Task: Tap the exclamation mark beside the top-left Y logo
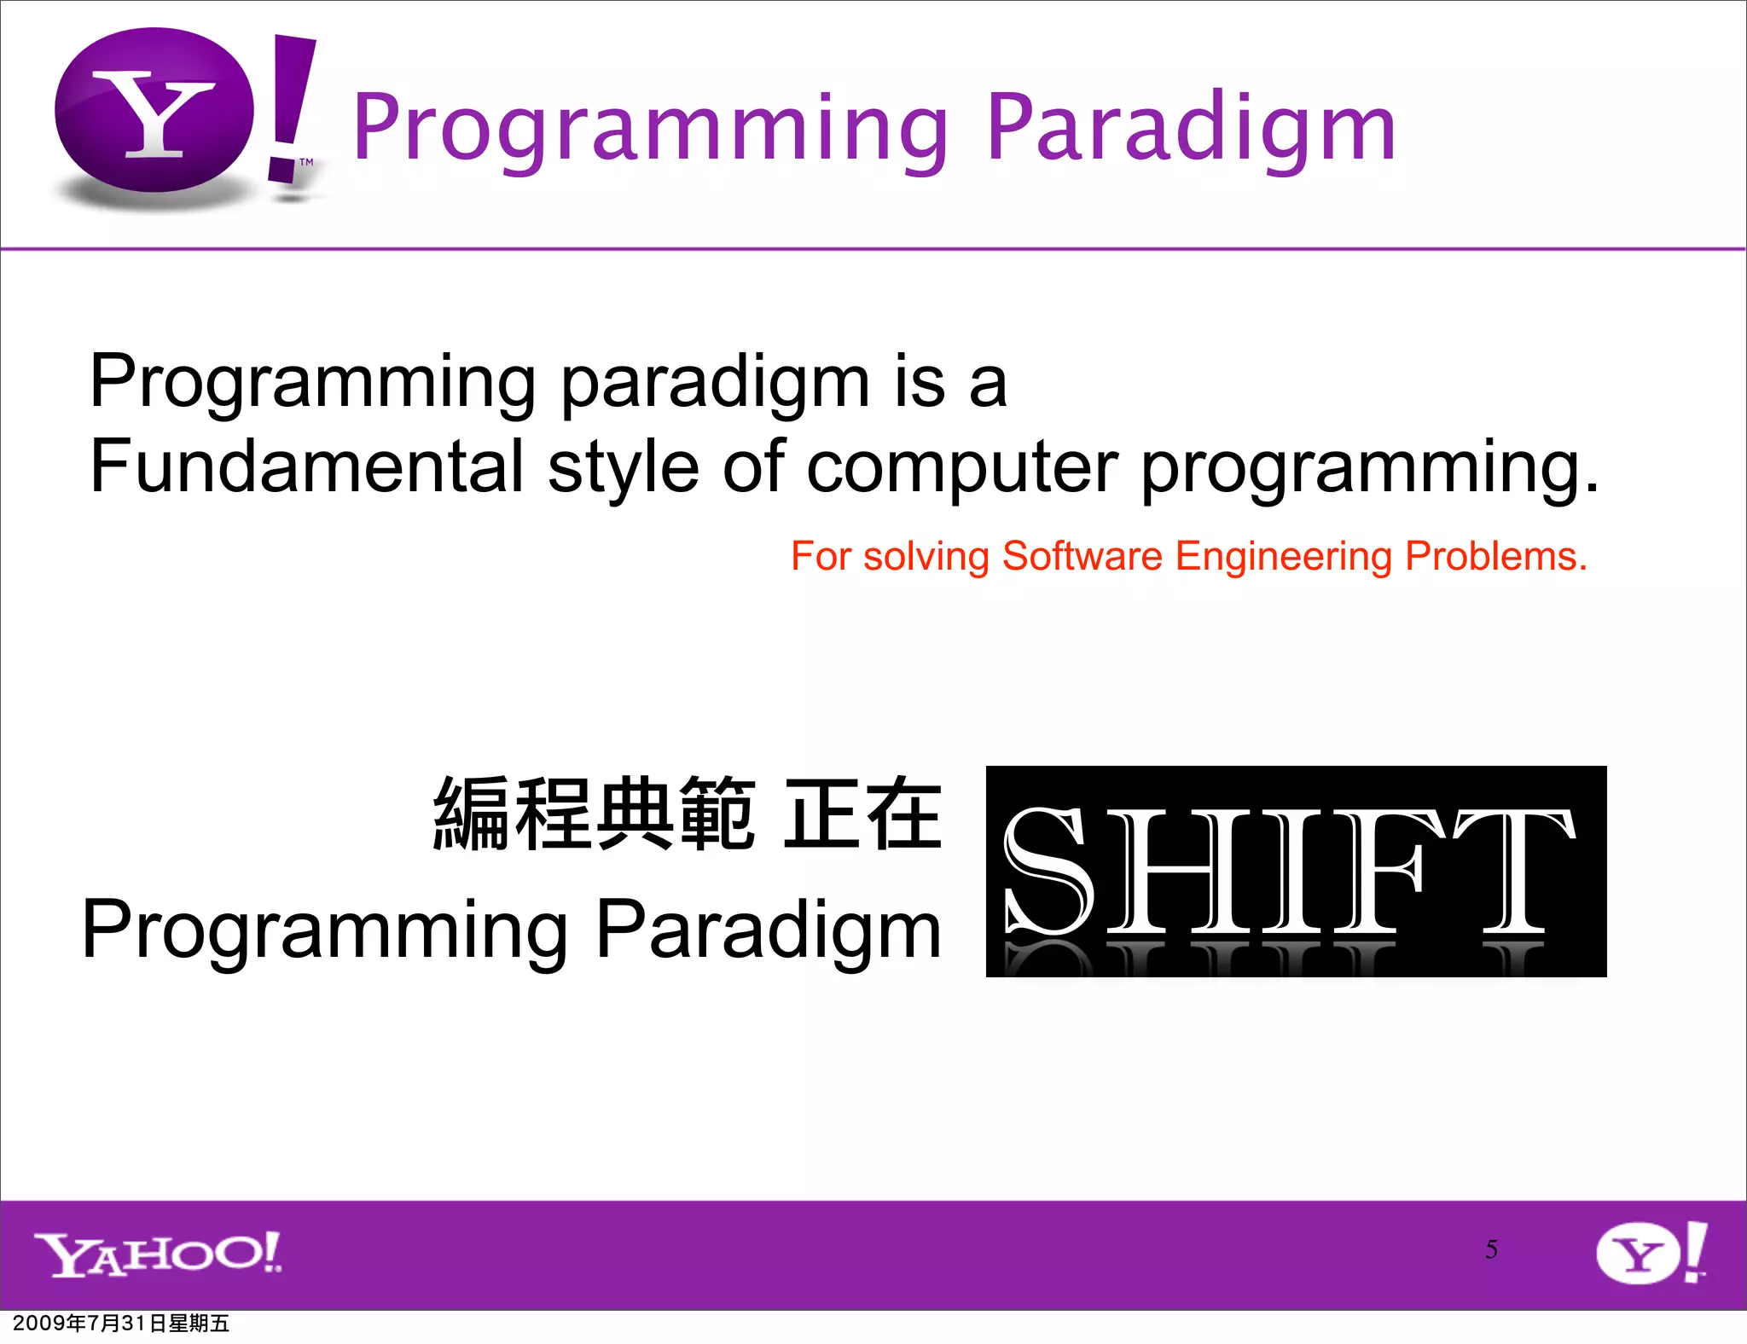pos(290,107)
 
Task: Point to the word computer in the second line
pos(961,466)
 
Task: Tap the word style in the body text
pos(623,466)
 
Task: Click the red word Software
pos(1082,556)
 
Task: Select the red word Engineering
pos(1283,556)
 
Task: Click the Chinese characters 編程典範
pos(595,814)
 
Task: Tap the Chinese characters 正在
pos(862,814)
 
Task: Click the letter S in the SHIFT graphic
pos(1047,872)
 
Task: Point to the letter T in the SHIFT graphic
pos(1514,872)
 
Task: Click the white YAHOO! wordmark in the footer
pos(158,1254)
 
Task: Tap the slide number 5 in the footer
pos(1490,1249)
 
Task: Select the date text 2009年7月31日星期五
pos(121,1324)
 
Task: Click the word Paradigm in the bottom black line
pos(768,930)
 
